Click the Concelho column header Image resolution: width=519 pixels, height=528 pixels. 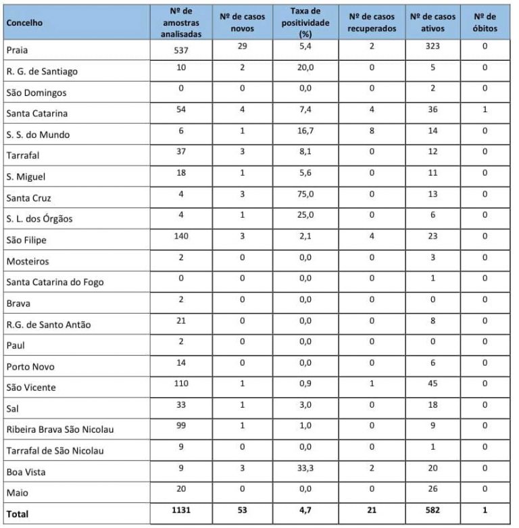24,23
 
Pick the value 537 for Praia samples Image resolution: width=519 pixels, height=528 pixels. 180,49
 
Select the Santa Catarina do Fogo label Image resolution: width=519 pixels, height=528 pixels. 55,282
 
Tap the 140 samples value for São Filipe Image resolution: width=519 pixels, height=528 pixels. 180,239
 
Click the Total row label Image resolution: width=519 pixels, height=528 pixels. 19,514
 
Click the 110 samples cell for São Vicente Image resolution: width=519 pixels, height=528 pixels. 180,387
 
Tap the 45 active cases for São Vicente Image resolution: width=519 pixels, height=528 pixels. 432,387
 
